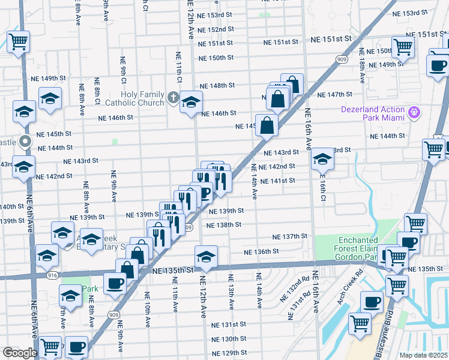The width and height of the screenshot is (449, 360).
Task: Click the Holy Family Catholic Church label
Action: tap(142, 98)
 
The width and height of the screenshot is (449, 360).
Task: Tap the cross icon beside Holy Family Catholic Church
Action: tap(173, 97)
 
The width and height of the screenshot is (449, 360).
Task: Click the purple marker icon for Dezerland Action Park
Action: tap(413, 112)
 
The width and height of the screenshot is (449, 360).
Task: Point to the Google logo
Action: tap(19, 352)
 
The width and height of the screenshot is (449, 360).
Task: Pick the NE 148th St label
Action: tap(217, 86)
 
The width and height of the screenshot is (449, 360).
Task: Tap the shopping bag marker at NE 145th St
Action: tap(267, 126)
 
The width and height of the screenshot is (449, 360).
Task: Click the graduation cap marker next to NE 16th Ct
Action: tap(322, 159)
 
